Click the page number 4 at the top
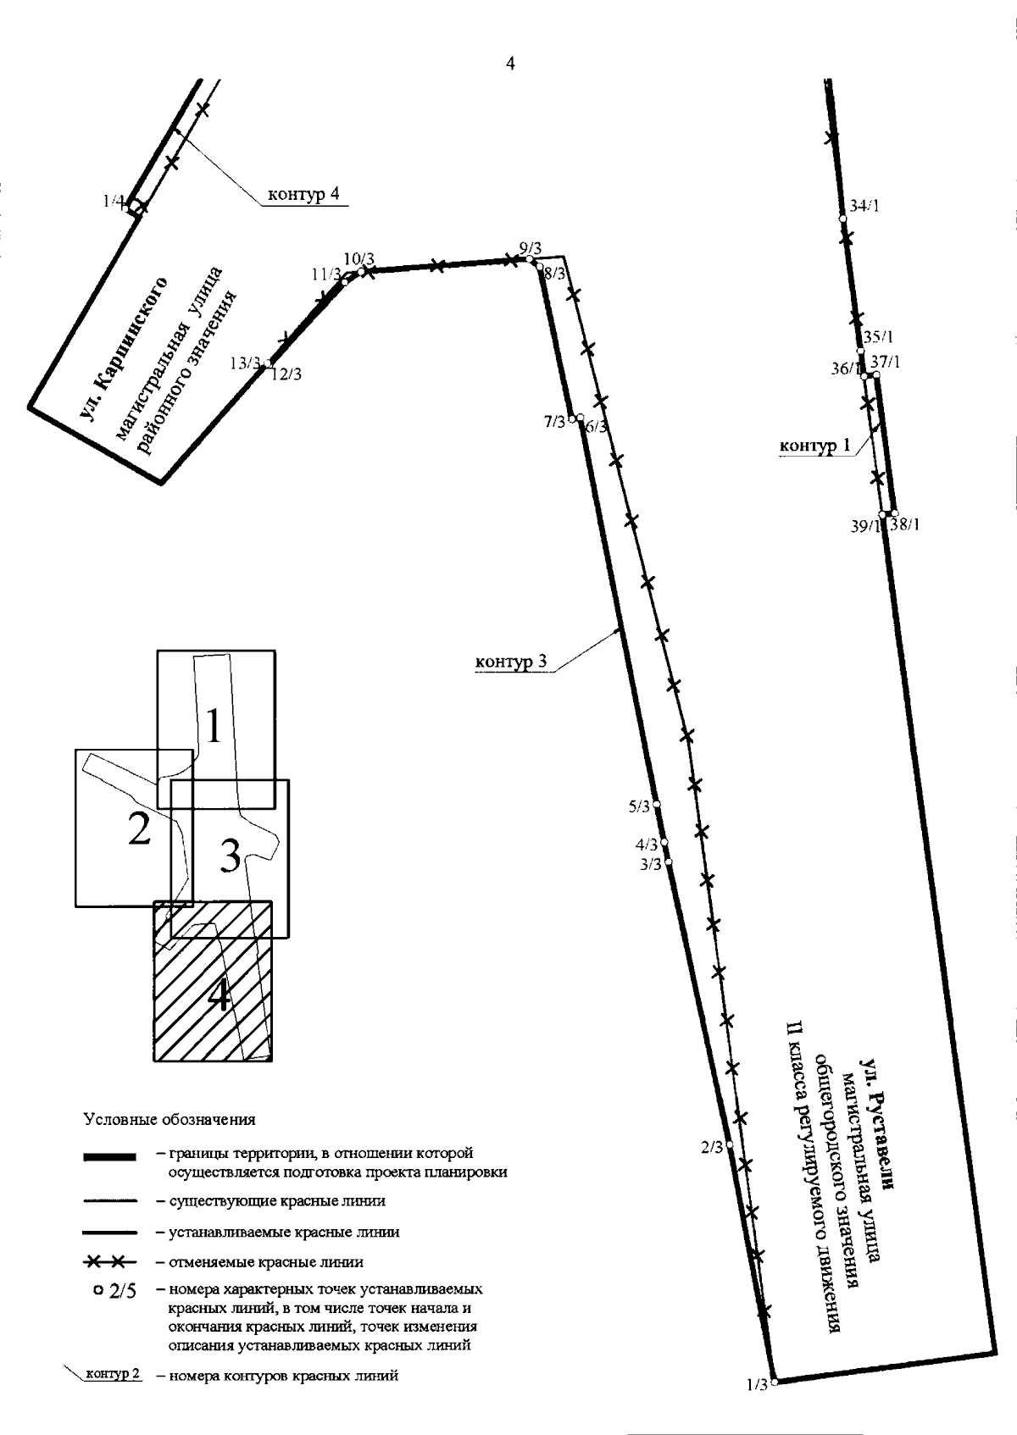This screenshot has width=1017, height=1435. pos(510,64)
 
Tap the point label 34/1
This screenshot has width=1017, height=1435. pos(864,206)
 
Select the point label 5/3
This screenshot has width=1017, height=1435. pos(639,806)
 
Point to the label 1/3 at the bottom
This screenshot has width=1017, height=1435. pos(757,1385)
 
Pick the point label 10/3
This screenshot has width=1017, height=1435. pos(358,259)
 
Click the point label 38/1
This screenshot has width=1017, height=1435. pos(905,524)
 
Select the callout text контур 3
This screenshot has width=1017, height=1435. pos(511,661)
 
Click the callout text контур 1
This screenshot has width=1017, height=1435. pos(814,446)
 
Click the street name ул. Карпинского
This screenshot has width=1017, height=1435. pos(124,349)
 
